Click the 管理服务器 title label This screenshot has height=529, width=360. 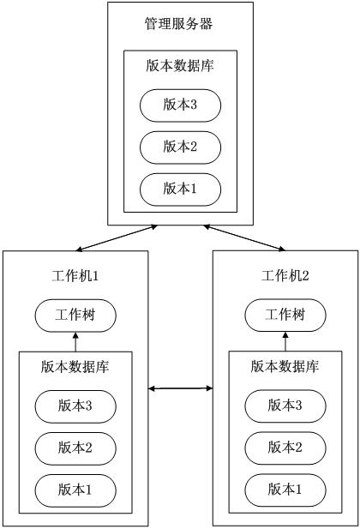(178, 24)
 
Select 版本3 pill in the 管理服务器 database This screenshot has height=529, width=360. (180, 105)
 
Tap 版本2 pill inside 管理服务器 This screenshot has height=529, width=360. (180, 147)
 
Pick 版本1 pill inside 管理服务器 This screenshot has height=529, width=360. (180, 189)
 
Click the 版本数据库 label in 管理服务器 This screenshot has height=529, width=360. (180, 65)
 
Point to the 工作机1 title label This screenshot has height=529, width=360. (75, 276)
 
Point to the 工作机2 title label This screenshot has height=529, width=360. (285, 276)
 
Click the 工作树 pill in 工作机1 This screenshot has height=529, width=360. (75, 316)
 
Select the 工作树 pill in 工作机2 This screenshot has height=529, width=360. (285, 316)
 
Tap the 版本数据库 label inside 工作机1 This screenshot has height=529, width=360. (75, 367)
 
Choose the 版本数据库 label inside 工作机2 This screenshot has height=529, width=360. (285, 366)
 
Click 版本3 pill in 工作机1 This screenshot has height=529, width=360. (75, 406)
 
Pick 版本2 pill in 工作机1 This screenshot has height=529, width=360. (75, 448)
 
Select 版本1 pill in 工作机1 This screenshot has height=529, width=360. (75, 490)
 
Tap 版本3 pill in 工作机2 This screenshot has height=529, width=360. (285, 406)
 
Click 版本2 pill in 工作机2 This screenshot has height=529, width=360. (285, 448)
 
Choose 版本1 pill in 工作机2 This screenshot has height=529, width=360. (285, 490)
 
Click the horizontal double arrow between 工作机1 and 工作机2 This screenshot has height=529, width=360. (181, 388)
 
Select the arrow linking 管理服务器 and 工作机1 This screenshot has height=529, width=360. (117, 238)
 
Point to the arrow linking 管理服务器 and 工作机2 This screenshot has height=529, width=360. (244, 237)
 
